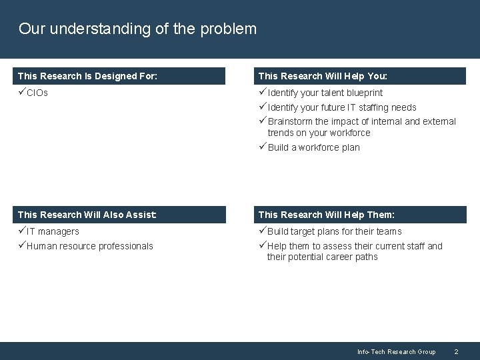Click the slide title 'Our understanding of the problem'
tap(137, 29)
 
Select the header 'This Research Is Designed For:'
tap(87, 76)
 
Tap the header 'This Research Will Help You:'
tap(327, 76)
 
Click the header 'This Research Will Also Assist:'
tap(87, 215)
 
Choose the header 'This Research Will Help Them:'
tap(327, 215)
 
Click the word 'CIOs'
tap(37, 93)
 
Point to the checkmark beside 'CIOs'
tap(22, 93)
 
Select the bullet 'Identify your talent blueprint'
tap(325, 93)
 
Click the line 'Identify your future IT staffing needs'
tap(341, 107)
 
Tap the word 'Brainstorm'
tap(290, 121)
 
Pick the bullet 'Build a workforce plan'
tap(313, 147)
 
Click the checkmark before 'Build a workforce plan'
tap(262, 147)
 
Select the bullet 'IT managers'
tap(53, 231)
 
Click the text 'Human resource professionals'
tap(89, 246)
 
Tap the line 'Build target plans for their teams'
tap(334, 231)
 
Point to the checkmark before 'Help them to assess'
tap(262, 246)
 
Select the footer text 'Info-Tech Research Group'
tap(396, 351)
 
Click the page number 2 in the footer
tap(456, 351)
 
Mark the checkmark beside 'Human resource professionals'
tap(22, 246)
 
